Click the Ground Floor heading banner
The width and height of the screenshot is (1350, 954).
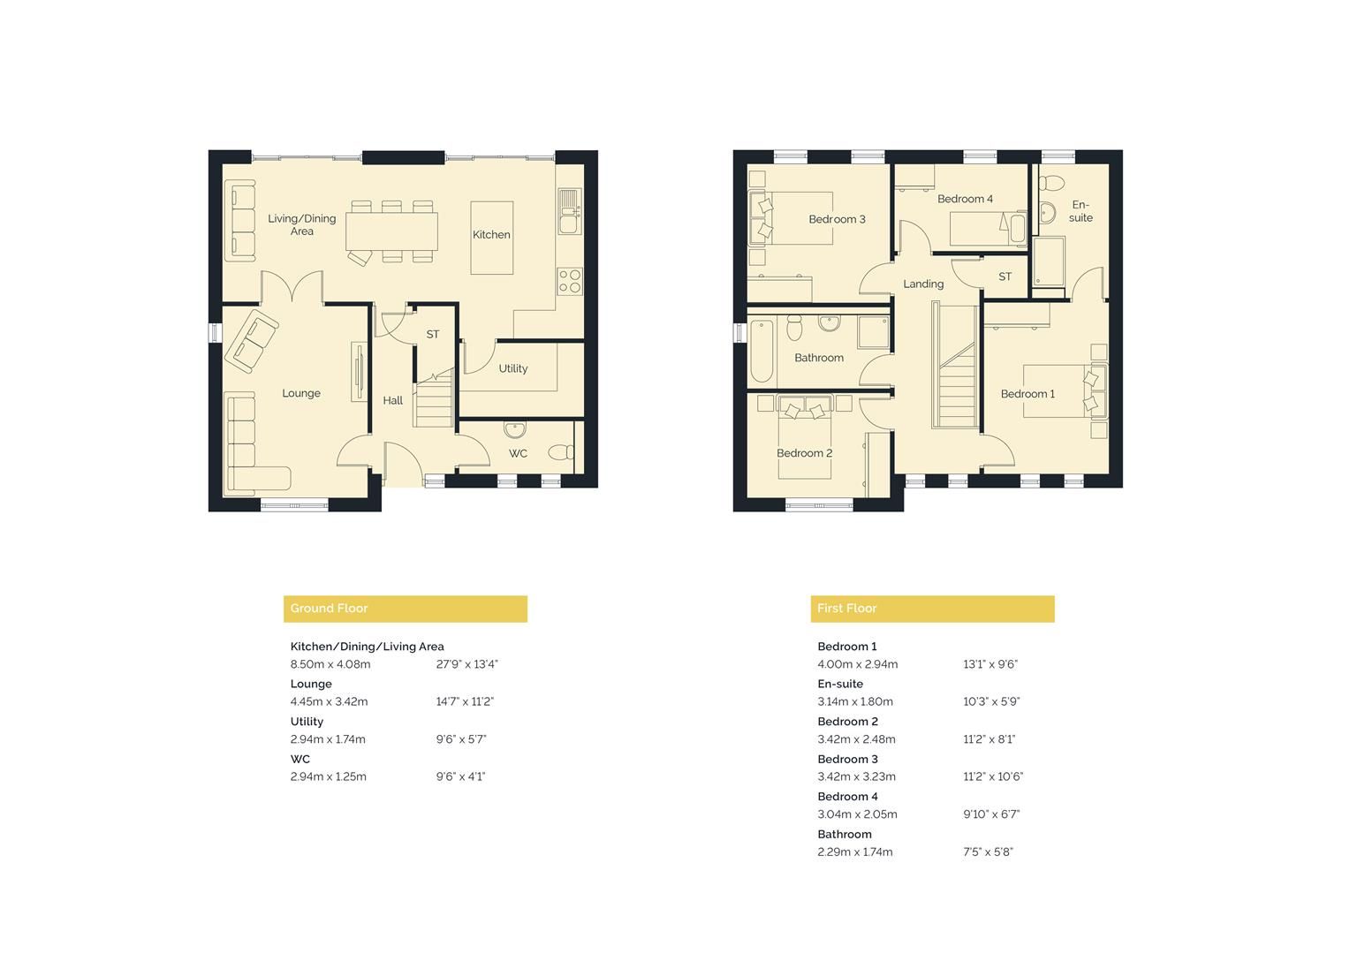tap(405, 609)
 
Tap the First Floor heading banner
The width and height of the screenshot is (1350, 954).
tap(931, 609)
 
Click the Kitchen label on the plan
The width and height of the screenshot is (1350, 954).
tap(491, 235)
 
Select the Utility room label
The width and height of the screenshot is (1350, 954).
tap(512, 368)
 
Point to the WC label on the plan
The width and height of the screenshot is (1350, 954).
tap(518, 453)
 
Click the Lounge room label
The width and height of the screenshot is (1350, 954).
tap(301, 393)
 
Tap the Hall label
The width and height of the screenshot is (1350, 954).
tap(393, 400)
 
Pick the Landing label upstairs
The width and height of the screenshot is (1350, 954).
tap(923, 284)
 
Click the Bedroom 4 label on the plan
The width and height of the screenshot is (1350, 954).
tap(965, 199)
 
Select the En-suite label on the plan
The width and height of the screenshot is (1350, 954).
tap(1081, 211)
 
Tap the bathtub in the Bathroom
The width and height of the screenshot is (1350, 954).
tap(761, 351)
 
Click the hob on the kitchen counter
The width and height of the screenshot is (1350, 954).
tap(570, 281)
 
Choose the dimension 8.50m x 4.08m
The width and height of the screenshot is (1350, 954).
tap(330, 664)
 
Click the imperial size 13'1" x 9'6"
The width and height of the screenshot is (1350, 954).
tap(990, 664)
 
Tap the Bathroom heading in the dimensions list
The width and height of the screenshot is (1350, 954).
tap(844, 834)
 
